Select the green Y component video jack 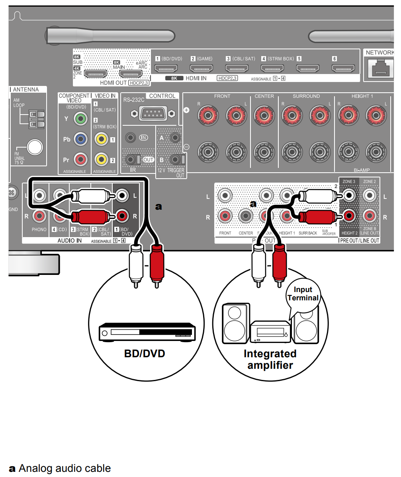click(x=81, y=118)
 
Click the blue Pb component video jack click(x=81, y=139)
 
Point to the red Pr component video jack click(x=81, y=160)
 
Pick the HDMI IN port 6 click(x=343, y=69)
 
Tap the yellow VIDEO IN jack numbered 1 click(x=101, y=139)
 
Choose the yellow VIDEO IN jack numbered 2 click(x=101, y=160)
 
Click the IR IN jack click(x=130, y=138)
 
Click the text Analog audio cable click(x=64, y=468)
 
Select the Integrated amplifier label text click(x=270, y=359)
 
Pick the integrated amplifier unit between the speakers click(x=270, y=332)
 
